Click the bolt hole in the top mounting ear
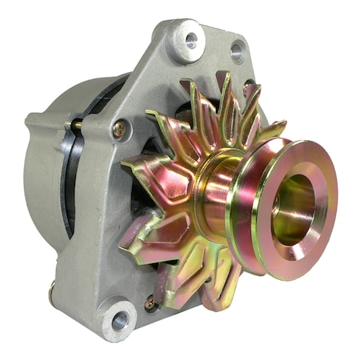[x=190, y=38]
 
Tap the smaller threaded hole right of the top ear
[x=238, y=52]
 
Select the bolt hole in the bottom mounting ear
[x=120, y=321]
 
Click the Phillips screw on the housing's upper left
[x=118, y=128]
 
